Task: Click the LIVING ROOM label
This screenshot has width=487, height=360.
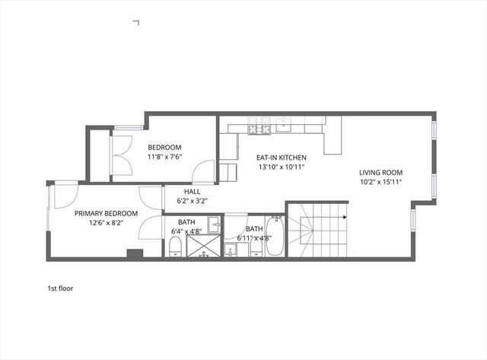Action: [x=381, y=172]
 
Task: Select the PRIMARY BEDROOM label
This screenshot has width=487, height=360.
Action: [x=106, y=214]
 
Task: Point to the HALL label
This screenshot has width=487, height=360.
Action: [x=193, y=191]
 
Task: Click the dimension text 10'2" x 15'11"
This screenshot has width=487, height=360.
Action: [x=381, y=182]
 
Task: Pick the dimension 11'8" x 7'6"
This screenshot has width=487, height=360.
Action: [x=164, y=158]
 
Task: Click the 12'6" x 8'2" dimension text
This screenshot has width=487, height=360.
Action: [x=106, y=224]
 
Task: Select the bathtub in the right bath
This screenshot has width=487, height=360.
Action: [x=275, y=238]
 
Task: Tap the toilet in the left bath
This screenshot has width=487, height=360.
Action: [x=174, y=245]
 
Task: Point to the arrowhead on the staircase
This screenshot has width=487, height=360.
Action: [x=345, y=218]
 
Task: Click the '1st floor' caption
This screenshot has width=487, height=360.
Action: [x=60, y=288]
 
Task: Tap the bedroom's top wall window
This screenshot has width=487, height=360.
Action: [x=129, y=126]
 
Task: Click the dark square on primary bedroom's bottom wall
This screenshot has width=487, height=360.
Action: [x=135, y=255]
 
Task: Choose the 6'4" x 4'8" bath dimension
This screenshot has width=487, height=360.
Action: [x=186, y=231]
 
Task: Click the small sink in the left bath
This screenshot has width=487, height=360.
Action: [x=215, y=224]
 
